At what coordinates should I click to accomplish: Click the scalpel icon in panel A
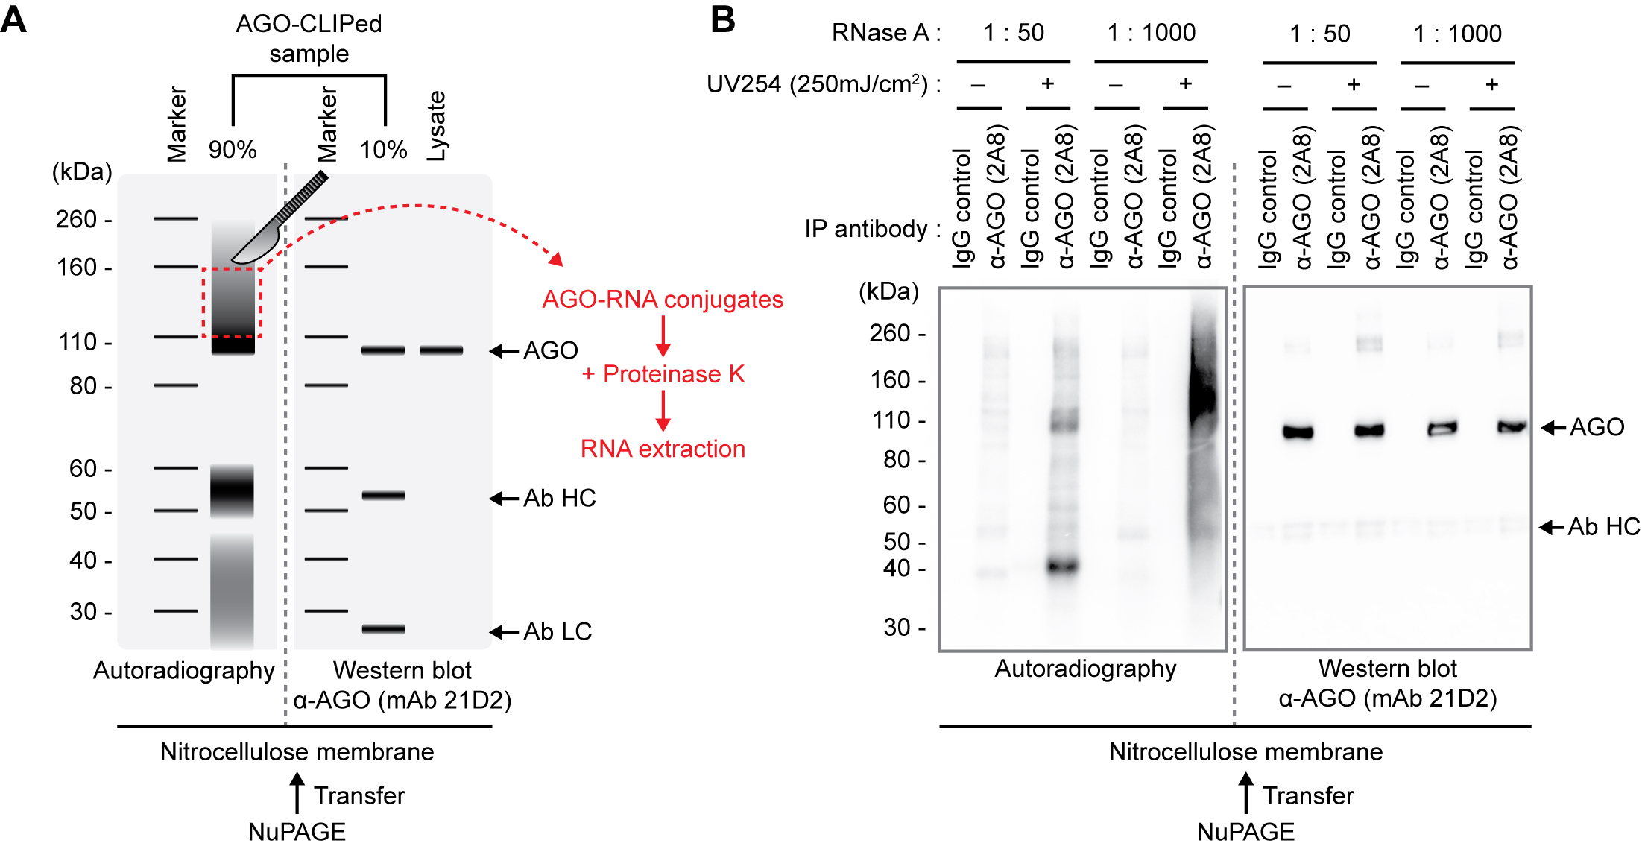pos(280,220)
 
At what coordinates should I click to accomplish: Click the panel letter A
pos(13,20)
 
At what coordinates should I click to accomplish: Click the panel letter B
pos(722,19)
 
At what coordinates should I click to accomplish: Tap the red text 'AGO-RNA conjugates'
pos(663,300)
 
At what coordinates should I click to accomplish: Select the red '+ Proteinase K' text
pos(663,373)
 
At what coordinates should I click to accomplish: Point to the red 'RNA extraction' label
pos(663,449)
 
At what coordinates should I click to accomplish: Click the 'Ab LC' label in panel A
pos(558,631)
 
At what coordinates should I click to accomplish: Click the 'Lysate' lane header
pos(437,126)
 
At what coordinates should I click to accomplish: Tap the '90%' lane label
pos(233,150)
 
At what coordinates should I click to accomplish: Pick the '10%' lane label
pos(383,150)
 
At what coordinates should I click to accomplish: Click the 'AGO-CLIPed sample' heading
pos(309,39)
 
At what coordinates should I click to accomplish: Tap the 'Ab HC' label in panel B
pos(1603,527)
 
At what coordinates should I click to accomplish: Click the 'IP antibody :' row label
pos(872,229)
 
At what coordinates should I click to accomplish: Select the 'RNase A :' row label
pos(886,33)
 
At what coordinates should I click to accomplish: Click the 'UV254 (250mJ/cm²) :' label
pos(823,83)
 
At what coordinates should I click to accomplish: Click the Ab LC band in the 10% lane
pos(384,629)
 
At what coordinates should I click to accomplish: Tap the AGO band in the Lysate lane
pos(441,350)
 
